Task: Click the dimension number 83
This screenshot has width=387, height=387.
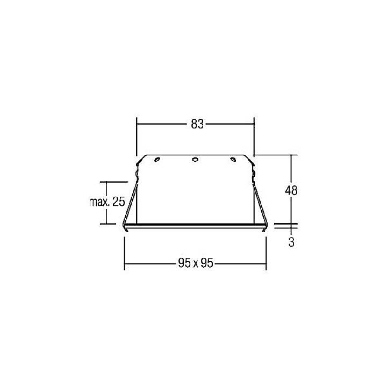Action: coord(197,124)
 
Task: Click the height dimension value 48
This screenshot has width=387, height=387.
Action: coord(291,190)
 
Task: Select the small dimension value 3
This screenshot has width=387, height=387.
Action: coord(291,242)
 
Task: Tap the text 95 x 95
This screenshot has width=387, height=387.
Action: coord(196,263)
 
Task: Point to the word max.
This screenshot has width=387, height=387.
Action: coord(99,203)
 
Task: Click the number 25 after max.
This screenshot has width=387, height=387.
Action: coord(119,203)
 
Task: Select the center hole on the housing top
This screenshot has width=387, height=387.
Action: coord(195,159)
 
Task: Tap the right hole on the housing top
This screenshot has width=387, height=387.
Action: coord(233,159)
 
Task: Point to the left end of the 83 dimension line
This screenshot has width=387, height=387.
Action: coord(137,124)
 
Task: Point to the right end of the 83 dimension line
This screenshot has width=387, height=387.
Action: coord(254,124)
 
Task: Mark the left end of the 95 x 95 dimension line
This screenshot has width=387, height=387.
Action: coord(125,263)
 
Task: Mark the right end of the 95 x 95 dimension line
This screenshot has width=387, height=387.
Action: coord(267,263)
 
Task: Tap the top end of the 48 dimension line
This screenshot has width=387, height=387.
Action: coord(291,155)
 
